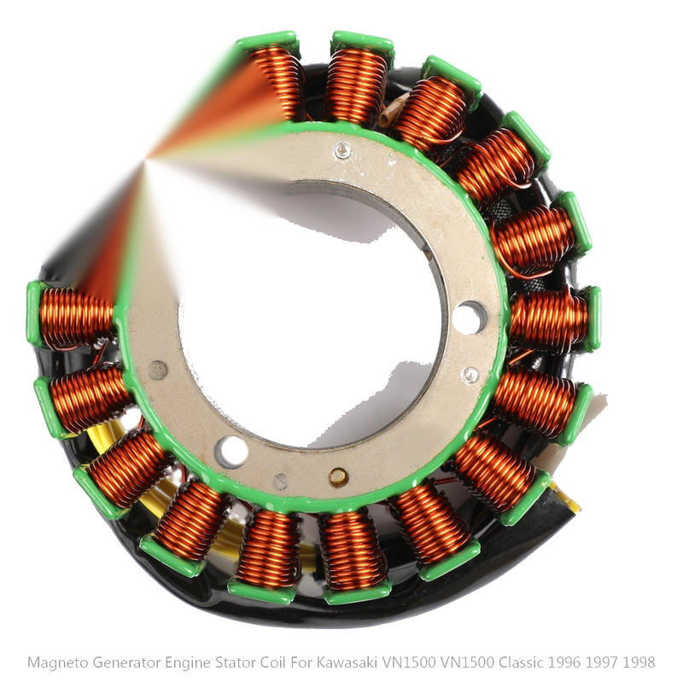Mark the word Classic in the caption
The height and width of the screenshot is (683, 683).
[x=521, y=663]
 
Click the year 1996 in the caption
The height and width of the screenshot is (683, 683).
[x=564, y=663]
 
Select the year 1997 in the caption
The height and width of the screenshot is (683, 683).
[x=602, y=663]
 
